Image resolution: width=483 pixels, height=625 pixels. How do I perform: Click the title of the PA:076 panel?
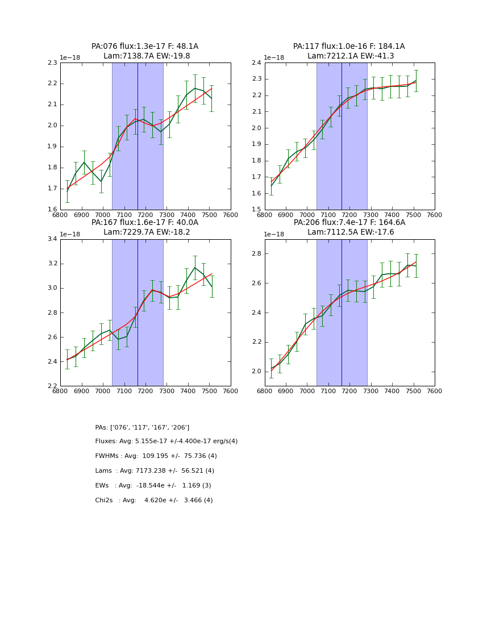(x=145, y=51)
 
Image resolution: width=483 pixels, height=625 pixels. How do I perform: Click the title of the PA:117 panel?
(x=349, y=51)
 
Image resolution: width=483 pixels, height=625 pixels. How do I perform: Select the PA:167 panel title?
(x=145, y=227)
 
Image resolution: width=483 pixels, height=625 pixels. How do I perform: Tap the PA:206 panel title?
(x=349, y=227)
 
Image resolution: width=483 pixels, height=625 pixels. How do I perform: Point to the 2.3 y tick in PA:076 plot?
(x=52, y=63)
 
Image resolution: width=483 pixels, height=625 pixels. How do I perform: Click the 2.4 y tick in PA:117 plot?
(x=257, y=63)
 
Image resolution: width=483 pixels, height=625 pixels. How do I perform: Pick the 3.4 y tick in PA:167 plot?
(x=52, y=239)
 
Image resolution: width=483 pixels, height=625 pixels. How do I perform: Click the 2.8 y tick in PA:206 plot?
(x=257, y=254)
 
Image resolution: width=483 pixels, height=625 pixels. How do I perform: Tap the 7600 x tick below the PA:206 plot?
(x=434, y=391)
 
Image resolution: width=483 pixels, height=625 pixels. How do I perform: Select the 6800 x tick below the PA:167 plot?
(x=60, y=391)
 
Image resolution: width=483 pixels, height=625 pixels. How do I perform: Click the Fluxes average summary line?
(x=166, y=441)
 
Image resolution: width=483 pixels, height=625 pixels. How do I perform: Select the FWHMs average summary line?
(x=156, y=456)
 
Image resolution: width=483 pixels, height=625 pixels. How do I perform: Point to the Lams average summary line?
(x=155, y=471)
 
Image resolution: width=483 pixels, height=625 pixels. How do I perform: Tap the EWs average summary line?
(x=153, y=486)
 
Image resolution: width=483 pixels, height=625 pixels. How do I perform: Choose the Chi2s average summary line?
(x=153, y=501)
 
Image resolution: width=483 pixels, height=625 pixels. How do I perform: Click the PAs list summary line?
(x=142, y=427)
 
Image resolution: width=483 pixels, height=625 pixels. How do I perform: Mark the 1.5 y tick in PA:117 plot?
(x=257, y=210)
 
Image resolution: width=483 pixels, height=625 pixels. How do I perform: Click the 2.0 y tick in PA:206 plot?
(x=257, y=372)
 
